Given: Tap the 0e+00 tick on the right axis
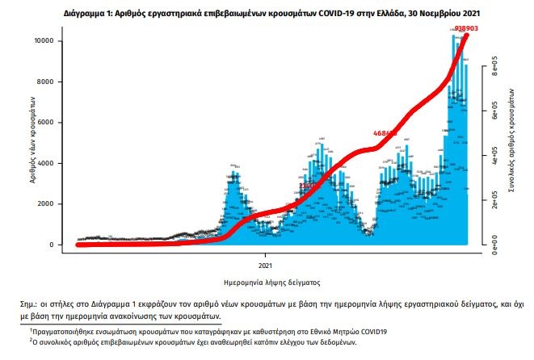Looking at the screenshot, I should (x=494, y=245).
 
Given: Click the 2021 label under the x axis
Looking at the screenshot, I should (x=266, y=264).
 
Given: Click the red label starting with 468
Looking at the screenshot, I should (x=385, y=133).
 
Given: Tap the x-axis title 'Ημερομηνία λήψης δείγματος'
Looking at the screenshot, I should (x=266, y=283).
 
